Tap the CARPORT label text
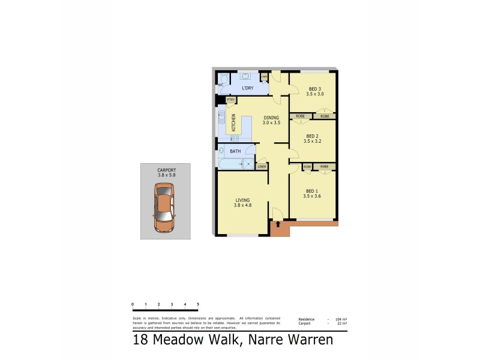(166, 170)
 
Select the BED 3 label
(315, 89)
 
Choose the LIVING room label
(242, 200)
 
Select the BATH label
(235, 151)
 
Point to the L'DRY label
(247, 89)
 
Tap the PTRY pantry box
(230, 100)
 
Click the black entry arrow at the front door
(277, 224)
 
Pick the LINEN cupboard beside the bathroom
(262, 166)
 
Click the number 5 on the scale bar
(198, 305)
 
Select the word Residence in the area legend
(307, 319)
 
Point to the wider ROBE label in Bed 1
(324, 166)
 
